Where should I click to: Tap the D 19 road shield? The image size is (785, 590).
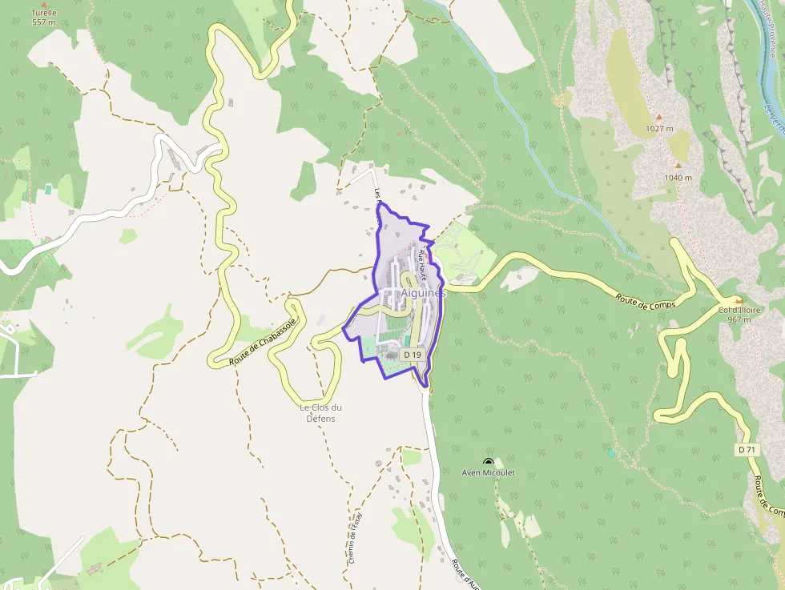click(412, 354)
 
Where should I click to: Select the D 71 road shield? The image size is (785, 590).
click(747, 450)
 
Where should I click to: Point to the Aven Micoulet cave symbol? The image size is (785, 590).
click(488, 462)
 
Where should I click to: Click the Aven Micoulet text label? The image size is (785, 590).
click(488, 473)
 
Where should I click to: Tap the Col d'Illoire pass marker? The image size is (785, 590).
click(738, 299)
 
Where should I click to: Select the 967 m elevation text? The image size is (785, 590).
click(739, 319)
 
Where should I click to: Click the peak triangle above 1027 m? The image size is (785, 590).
click(658, 117)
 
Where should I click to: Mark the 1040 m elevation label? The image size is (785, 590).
click(677, 178)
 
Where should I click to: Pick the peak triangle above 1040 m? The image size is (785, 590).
click(677, 167)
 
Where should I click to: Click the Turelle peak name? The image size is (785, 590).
click(44, 13)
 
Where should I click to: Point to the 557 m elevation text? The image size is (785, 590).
click(44, 22)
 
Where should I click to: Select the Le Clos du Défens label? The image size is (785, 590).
click(320, 412)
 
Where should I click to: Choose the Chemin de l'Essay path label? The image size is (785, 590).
click(354, 536)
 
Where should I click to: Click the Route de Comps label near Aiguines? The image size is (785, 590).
click(646, 302)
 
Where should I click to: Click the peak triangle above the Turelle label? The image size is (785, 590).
click(44, 4)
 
